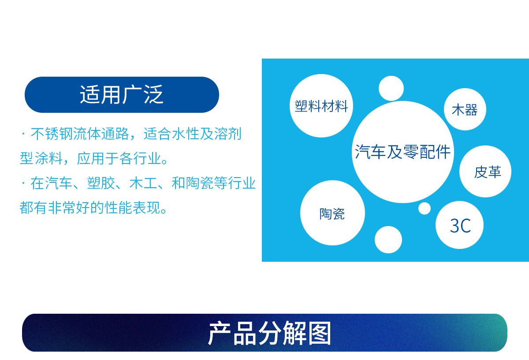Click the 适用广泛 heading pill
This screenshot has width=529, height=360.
[x=122, y=95]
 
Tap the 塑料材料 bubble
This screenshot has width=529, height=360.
[x=321, y=106]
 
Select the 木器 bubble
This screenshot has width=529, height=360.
[x=465, y=109]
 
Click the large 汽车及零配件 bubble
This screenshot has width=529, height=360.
[x=402, y=152]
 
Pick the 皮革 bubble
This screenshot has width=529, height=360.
[x=485, y=171]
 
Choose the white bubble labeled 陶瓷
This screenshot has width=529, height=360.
[x=332, y=213]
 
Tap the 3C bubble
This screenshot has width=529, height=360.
[x=459, y=225]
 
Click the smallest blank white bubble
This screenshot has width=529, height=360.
[x=425, y=208]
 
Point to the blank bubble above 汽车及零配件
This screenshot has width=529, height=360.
[x=391, y=88]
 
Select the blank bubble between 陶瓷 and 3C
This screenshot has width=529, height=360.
[x=388, y=240]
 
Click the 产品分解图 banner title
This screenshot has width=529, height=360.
[x=269, y=333]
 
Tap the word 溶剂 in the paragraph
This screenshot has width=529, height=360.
[x=227, y=134]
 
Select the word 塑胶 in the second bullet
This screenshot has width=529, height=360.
[x=101, y=183]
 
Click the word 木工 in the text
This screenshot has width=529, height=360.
[x=143, y=183]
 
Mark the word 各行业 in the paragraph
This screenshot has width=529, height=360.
[x=140, y=158]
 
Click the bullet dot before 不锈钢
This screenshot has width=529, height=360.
[x=23, y=134]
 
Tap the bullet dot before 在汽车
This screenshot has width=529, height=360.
[x=23, y=183]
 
